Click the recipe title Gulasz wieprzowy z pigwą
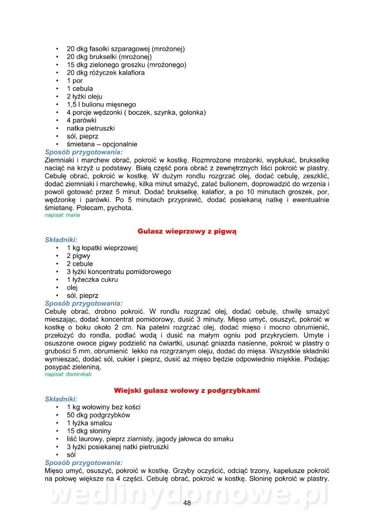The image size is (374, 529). pos(187,231)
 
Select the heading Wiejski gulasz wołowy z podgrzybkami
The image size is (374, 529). pos(187,391)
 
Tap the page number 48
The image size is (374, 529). pos(187,504)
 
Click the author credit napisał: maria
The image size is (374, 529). pos(62,215)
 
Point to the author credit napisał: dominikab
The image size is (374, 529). pos(68,374)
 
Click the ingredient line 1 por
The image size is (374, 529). pos(75,81)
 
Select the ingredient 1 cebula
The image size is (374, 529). pos(80,89)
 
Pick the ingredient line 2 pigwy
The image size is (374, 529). pos(79,256)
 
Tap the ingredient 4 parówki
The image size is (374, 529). pos(82,120)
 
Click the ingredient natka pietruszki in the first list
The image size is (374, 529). pos(91,128)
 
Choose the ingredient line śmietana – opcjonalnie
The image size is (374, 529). pos(102,144)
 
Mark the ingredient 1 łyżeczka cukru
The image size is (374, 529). pos(92,279)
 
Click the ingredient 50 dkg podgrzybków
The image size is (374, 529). pos(98,415)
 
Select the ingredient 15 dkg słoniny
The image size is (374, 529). pos(89,431)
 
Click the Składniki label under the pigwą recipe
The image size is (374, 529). pos(61,240)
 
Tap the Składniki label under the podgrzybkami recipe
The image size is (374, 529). pos(61,399)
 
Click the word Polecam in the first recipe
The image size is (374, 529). pos(90,208)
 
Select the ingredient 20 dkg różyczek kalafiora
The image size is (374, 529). pos(105,73)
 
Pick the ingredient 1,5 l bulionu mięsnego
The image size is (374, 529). pos(101,104)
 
